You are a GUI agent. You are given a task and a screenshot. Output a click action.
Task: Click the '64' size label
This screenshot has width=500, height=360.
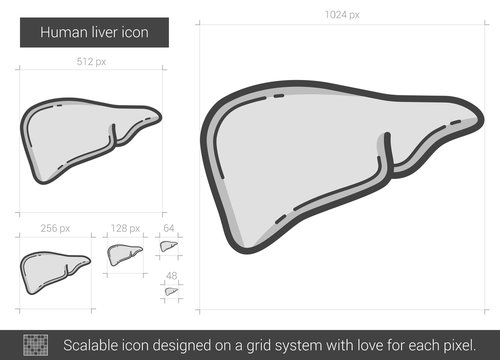tap(169, 228)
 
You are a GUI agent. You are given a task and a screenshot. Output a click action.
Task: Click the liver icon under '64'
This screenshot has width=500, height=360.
tap(168, 245)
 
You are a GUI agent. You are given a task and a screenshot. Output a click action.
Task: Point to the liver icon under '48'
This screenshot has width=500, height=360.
tap(170, 291)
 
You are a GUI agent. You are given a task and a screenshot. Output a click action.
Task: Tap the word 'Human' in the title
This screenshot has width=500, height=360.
tap(59, 33)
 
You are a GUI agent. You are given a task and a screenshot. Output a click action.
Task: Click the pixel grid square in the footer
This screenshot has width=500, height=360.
tap(34, 344)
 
